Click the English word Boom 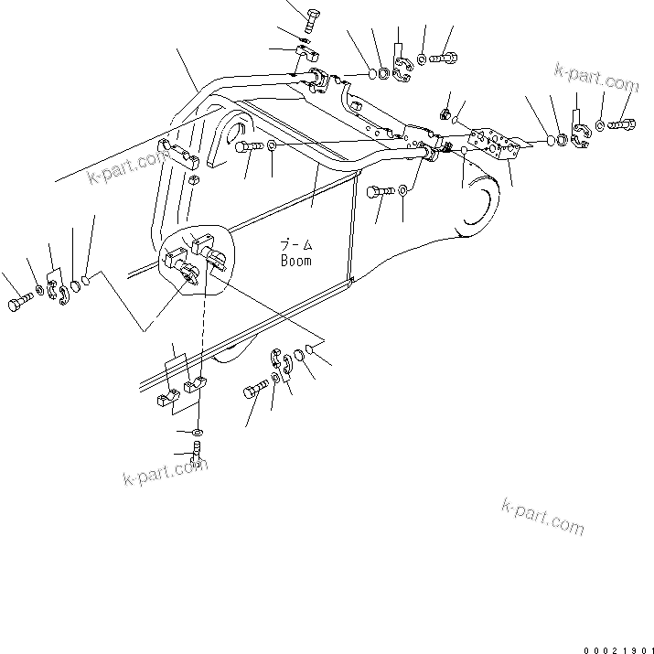(x=295, y=261)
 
